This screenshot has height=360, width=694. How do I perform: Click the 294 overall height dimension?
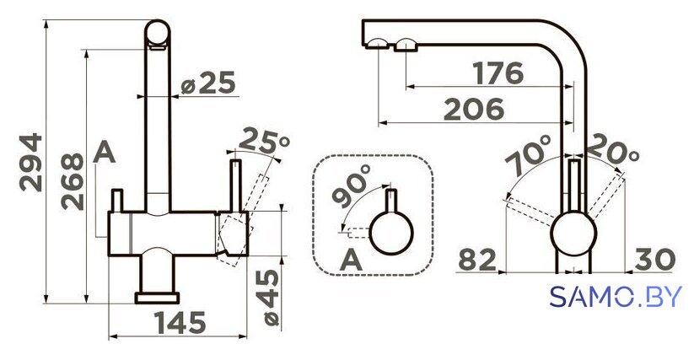[x=31, y=163]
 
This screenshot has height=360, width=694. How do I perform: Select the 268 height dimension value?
[x=73, y=181]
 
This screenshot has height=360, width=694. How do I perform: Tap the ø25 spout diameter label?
[x=208, y=83]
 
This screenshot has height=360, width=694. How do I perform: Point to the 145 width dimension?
[x=180, y=323]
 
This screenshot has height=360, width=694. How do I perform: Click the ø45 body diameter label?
[x=267, y=298]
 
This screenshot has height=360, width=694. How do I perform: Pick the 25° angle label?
[x=264, y=141]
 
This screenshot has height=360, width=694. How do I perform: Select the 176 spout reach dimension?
[x=498, y=73]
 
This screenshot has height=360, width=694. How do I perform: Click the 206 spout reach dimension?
[x=474, y=110]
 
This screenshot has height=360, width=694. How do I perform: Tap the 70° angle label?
[x=530, y=154]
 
